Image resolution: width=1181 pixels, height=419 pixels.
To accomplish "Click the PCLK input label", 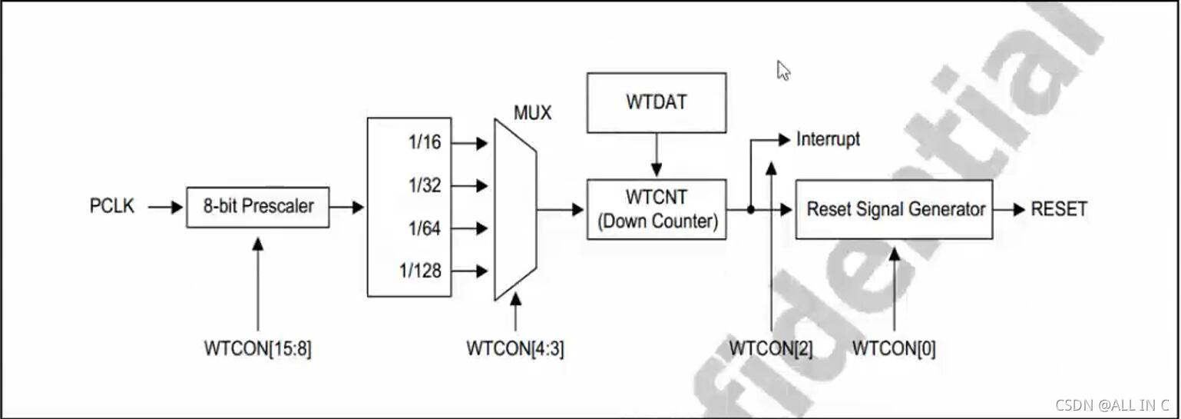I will tap(112, 207).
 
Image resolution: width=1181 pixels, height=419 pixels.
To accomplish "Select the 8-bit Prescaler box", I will tap(258, 207).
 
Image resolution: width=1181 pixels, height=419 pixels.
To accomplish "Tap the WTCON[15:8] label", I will tap(257, 348).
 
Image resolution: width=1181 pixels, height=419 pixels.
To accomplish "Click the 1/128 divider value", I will tap(419, 271).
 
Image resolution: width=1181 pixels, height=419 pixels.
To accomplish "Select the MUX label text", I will tap(532, 113).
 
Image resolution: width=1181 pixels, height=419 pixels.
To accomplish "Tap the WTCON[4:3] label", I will tap(514, 348).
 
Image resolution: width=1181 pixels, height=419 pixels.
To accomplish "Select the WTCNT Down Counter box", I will tap(657, 209).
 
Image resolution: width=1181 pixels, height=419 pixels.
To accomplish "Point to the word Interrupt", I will tap(828, 139).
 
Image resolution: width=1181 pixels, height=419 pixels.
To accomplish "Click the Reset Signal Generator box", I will tap(894, 209).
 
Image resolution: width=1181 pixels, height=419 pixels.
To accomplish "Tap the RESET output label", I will tap(1059, 209).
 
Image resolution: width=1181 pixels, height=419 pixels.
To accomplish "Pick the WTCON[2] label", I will tap(770, 348).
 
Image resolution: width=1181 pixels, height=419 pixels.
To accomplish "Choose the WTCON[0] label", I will tap(894, 348).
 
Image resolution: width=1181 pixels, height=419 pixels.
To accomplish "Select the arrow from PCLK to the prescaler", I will tap(160, 207).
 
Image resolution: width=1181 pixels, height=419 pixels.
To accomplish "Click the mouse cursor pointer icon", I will tap(783, 71).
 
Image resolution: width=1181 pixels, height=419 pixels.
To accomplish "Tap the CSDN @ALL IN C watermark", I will tap(1111, 405).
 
